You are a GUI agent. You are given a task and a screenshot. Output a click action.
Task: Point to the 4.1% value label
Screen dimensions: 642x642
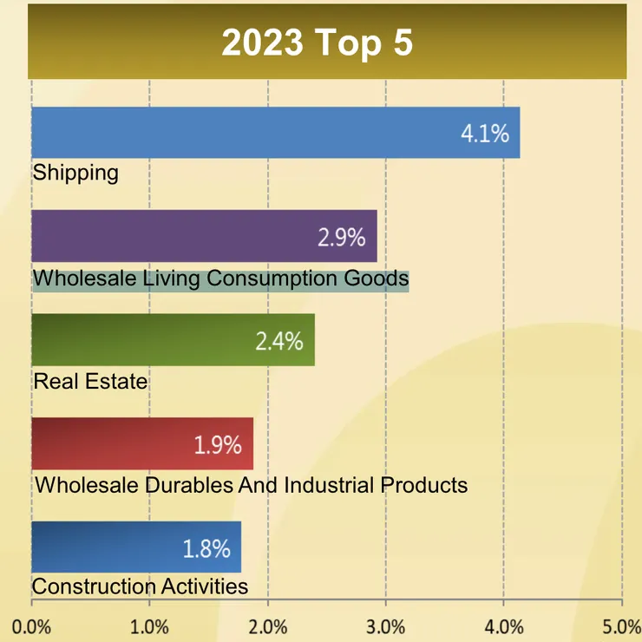click(x=484, y=134)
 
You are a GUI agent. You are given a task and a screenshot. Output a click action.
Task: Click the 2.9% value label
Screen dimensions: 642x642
click(x=341, y=238)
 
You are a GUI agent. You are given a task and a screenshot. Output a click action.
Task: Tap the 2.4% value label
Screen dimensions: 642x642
click(x=278, y=341)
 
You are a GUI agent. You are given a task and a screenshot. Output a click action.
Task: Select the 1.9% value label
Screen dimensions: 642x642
click(x=217, y=445)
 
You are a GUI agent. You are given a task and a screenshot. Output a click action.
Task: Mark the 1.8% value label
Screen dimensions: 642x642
click(x=206, y=548)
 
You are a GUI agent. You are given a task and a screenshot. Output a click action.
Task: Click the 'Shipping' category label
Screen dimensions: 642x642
click(x=75, y=172)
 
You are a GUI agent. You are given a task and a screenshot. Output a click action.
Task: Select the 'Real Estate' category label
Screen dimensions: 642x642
click(x=90, y=380)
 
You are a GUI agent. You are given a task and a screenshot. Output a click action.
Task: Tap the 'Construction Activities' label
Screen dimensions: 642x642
click(x=140, y=586)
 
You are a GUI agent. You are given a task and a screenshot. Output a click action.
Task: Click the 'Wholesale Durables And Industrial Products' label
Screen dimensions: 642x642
click(x=251, y=484)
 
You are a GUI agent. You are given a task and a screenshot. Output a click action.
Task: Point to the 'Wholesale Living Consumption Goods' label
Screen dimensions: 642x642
click(x=220, y=279)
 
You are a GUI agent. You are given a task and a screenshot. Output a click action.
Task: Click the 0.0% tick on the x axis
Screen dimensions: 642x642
click(x=31, y=626)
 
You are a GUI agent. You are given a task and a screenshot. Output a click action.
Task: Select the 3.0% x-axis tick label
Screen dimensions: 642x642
click(x=386, y=626)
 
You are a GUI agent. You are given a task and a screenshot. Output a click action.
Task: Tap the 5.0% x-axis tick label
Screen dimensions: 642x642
click(x=622, y=626)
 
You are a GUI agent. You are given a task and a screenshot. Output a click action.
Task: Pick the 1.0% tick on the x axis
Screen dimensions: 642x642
click(x=149, y=626)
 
